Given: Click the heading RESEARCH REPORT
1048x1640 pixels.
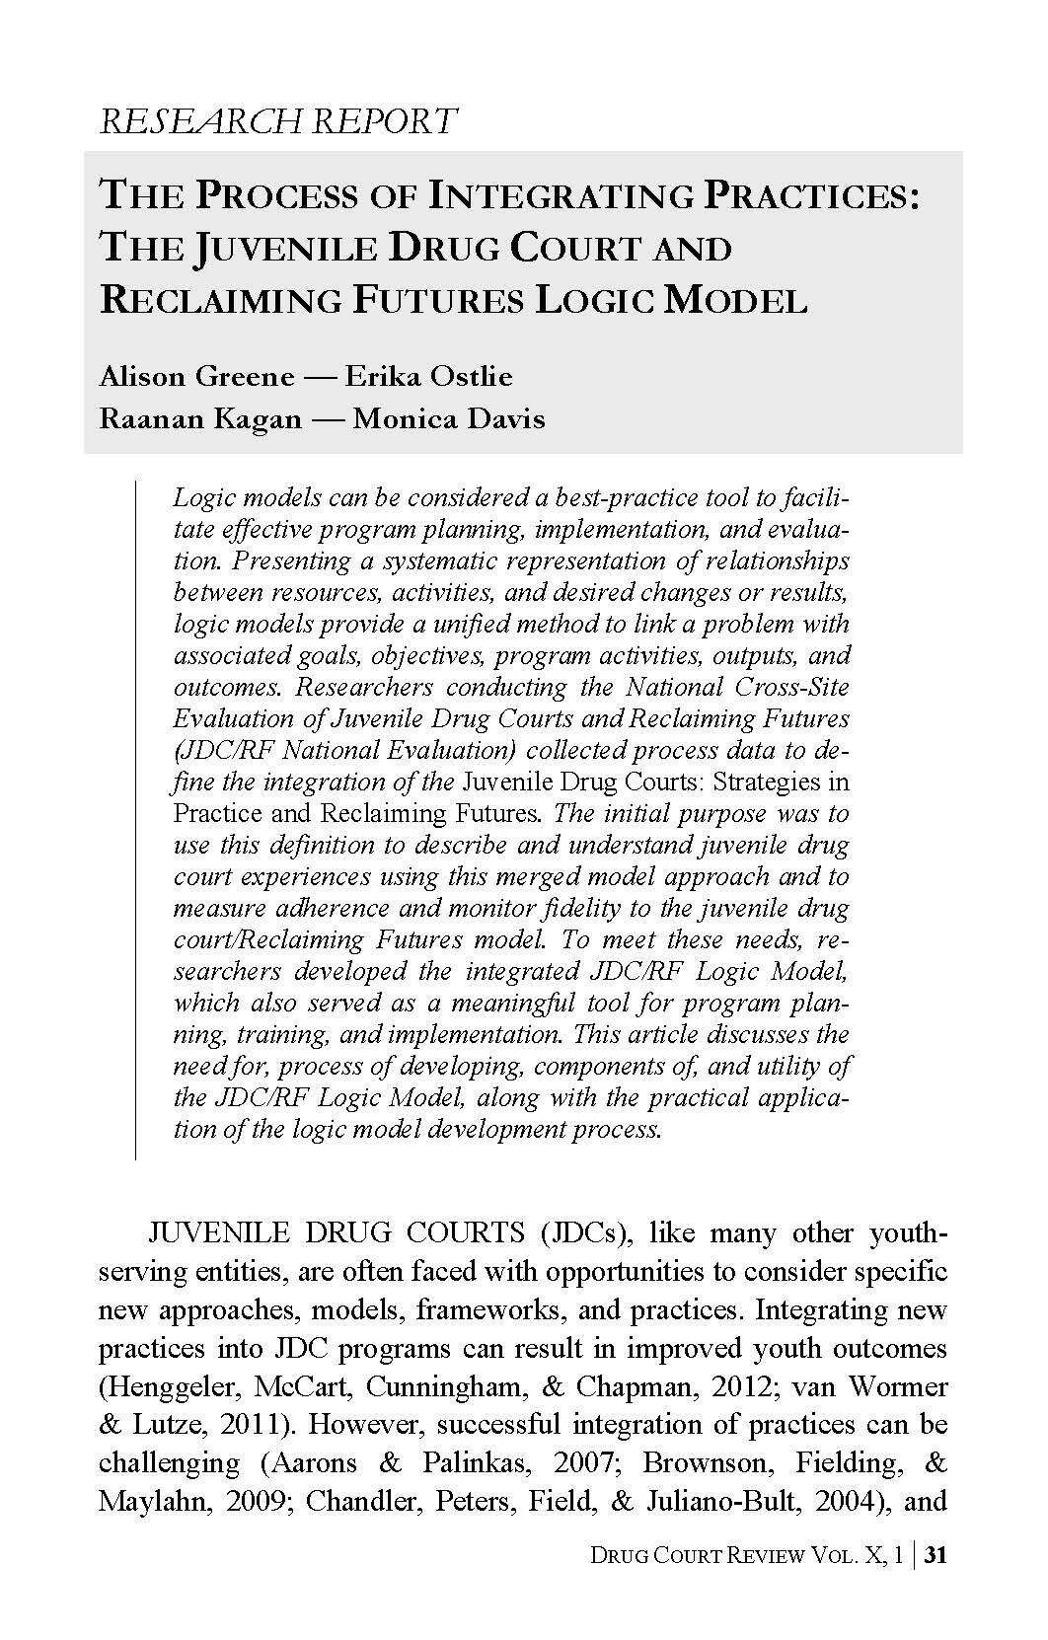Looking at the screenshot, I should [x=279, y=120].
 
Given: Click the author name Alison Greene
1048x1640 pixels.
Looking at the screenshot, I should [x=197, y=376].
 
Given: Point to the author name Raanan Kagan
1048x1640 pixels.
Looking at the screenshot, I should [x=200, y=418].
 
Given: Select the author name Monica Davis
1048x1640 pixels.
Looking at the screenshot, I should [x=449, y=418].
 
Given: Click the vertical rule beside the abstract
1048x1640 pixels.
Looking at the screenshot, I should [x=135, y=819].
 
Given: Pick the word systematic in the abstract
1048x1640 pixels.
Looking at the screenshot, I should [x=450, y=560].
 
